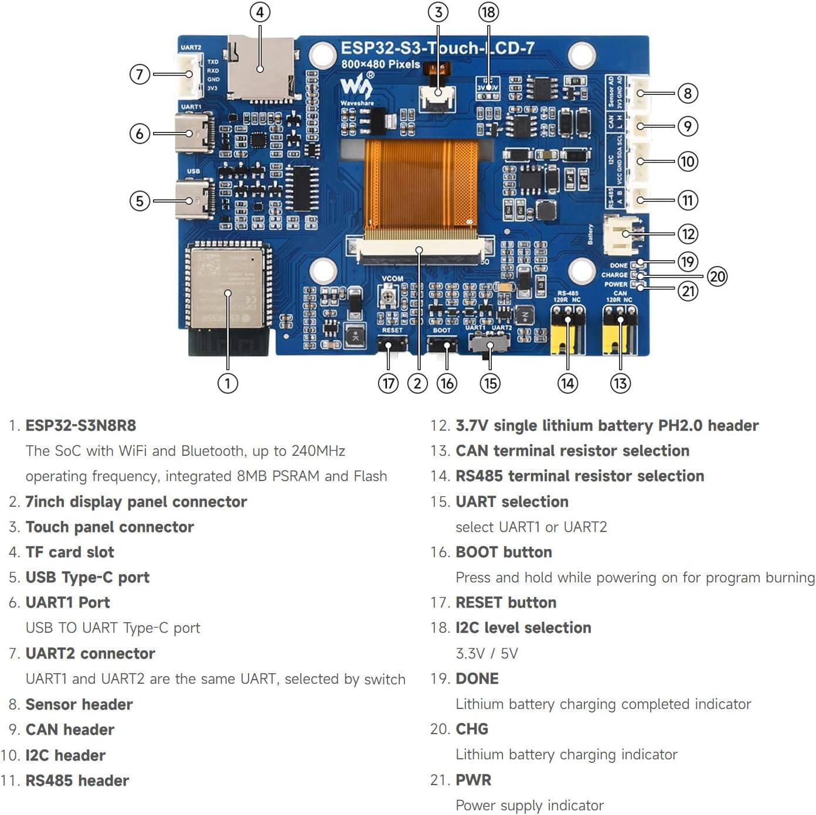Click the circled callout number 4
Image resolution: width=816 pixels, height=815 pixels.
[x=260, y=12]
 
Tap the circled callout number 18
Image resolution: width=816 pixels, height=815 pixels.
[x=488, y=12]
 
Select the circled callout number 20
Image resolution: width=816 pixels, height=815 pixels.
[x=717, y=276]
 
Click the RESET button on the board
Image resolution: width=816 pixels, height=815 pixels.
[x=392, y=345]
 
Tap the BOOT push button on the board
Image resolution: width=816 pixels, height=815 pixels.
[x=443, y=345]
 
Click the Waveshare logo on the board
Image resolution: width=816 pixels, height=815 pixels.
[x=356, y=88]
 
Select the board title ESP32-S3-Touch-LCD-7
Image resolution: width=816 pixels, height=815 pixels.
[x=437, y=48]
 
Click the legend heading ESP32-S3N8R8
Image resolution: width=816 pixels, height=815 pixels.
[x=81, y=425]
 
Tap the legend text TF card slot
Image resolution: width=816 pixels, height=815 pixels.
[x=70, y=552]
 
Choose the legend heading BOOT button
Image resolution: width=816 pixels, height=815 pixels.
[x=504, y=552]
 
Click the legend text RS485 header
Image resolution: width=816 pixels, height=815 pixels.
[x=77, y=780]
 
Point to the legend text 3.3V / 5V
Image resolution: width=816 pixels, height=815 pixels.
[x=487, y=653]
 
